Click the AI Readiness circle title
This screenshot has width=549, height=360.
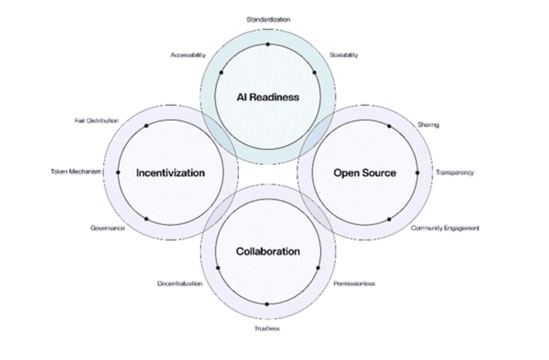[x=268, y=97]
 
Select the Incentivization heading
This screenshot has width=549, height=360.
[x=170, y=173]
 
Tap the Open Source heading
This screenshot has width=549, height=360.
[x=364, y=173]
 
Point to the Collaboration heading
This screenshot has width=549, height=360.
[x=268, y=251]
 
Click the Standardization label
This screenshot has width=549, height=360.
[x=268, y=20]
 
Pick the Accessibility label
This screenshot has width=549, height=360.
[x=188, y=55]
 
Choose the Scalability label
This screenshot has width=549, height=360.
[x=344, y=55]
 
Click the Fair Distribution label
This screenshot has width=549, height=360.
[x=97, y=121]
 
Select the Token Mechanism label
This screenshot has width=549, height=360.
[x=76, y=171]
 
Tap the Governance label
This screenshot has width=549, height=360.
[x=108, y=228]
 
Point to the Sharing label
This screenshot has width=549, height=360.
[x=428, y=125]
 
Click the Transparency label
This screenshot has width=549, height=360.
[x=455, y=173]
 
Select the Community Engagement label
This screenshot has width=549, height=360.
[x=445, y=228]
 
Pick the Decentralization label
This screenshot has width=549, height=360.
[x=180, y=284]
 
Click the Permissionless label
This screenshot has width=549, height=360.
[x=354, y=284]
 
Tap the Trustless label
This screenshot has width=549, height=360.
[x=267, y=328]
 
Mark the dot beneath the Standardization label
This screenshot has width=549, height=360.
[x=268, y=44]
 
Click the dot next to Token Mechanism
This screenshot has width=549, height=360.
[x=118, y=173]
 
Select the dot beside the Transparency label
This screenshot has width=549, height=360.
[x=417, y=173]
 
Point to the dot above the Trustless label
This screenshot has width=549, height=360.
[x=267, y=305]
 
